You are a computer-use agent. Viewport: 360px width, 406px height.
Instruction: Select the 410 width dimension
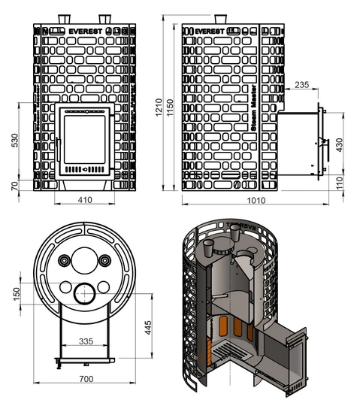coord(83,201)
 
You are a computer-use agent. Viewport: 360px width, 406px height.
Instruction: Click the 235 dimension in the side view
coord(301,86)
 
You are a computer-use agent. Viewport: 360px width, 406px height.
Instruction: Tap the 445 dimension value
coord(150,328)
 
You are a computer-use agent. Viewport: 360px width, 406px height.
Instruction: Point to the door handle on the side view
coord(325,142)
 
